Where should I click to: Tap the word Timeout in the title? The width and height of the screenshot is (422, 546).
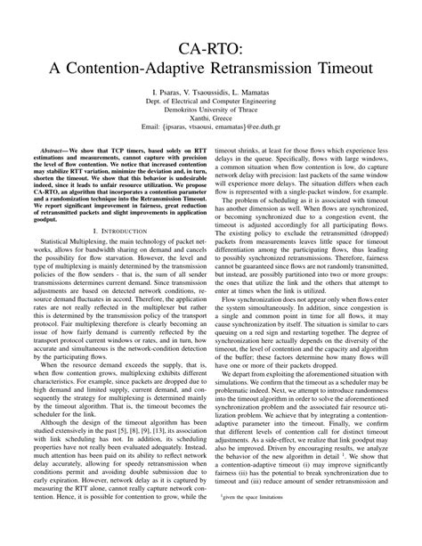(x=339, y=67)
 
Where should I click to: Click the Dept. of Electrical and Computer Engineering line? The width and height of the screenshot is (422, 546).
(x=211, y=102)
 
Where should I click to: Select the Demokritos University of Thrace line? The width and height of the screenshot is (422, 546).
(x=211, y=112)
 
